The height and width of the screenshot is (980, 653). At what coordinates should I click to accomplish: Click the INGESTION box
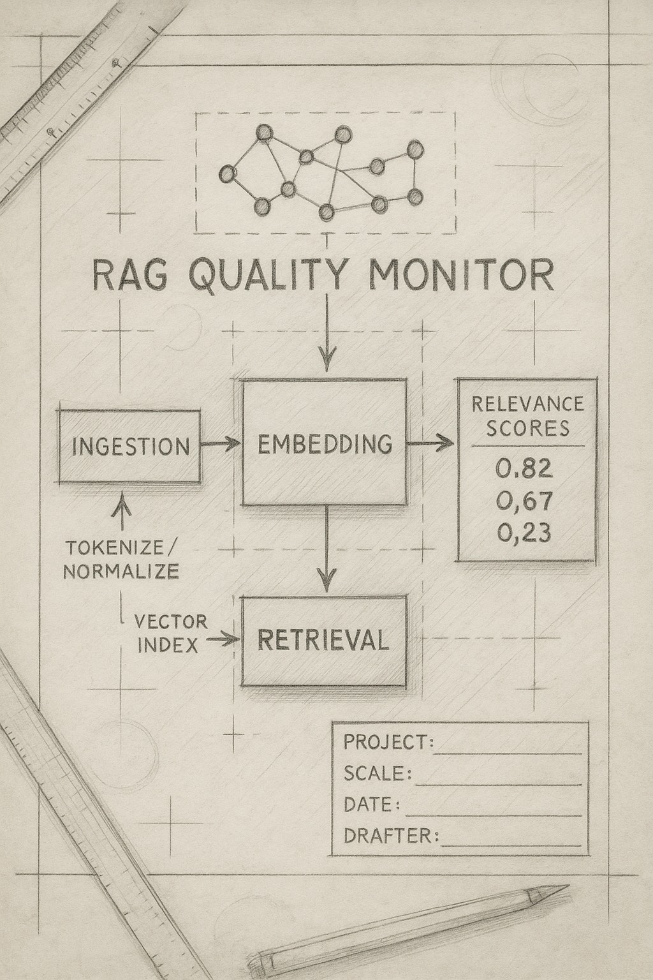point(130,445)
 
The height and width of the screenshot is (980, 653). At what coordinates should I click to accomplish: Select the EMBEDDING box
point(324,443)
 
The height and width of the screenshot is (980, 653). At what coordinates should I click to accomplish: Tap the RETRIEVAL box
point(324,640)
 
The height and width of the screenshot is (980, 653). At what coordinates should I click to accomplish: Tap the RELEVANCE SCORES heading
point(527,415)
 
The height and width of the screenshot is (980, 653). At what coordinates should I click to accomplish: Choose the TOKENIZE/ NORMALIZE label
point(121,559)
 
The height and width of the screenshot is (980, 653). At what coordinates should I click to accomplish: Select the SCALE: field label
point(376,773)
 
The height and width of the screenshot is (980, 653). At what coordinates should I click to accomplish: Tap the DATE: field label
point(372,804)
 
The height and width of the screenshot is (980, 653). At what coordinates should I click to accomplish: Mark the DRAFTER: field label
point(391,835)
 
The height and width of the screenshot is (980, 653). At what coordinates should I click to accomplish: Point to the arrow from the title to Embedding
point(326,332)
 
